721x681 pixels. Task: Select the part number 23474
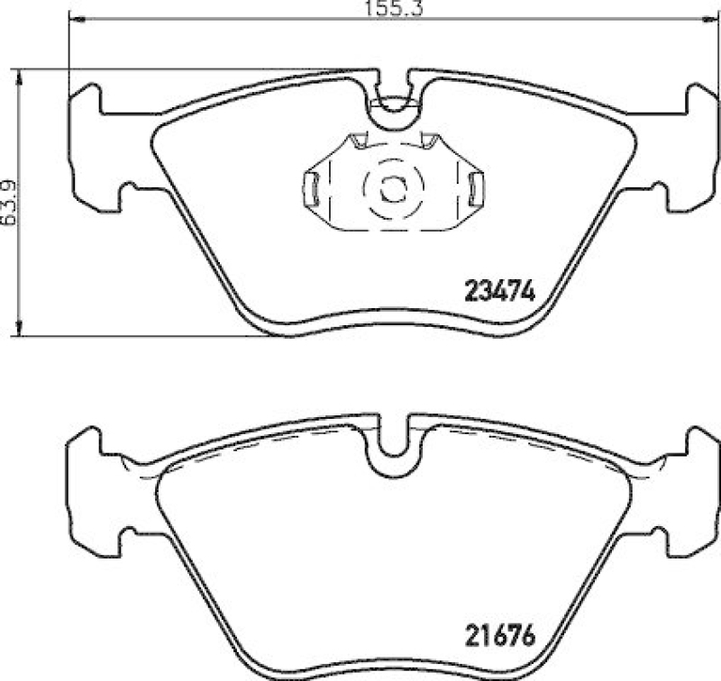point(499,292)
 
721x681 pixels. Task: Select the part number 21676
point(499,635)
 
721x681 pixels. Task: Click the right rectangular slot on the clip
point(477,186)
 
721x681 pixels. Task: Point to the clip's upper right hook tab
point(428,139)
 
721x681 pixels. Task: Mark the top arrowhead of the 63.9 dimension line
point(19,72)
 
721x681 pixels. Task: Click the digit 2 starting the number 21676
point(470,635)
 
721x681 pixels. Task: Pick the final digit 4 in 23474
point(529,292)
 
